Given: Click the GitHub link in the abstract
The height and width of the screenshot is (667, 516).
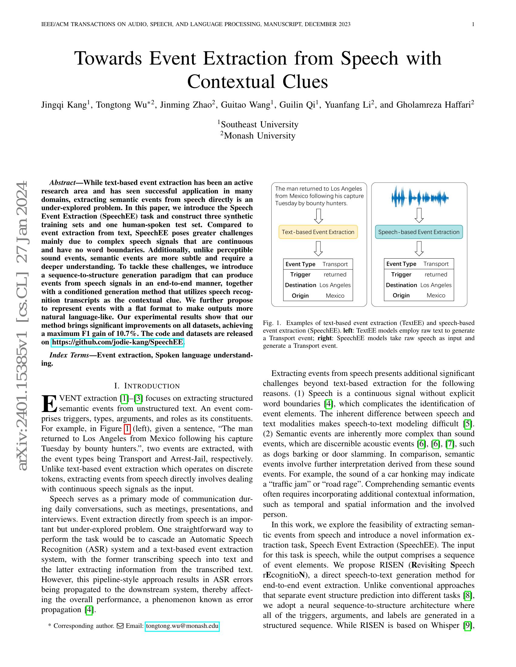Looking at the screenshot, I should (x=117, y=342).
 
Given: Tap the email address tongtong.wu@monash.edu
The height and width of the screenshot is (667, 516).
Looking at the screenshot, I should (x=182, y=626).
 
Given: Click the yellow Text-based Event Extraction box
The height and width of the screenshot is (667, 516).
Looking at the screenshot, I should (x=318, y=232).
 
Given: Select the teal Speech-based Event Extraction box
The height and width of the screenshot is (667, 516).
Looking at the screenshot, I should (x=419, y=232).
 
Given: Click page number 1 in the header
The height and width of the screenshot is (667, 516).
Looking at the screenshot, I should (x=473, y=24).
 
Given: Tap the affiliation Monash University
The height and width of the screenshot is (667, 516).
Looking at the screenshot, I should (x=259, y=136).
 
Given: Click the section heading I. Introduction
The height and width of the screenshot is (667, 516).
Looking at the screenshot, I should (x=147, y=386).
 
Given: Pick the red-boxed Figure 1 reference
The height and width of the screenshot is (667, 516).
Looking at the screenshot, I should (x=127, y=429).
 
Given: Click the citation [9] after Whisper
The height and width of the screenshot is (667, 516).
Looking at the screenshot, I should (x=467, y=625).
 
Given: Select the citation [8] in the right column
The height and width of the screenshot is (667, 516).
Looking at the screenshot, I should (x=467, y=595).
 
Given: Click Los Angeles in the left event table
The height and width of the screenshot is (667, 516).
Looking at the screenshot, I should (x=335, y=285).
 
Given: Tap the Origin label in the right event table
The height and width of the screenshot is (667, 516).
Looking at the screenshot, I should (x=401, y=295).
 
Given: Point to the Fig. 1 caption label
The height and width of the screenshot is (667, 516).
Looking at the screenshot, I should (x=272, y=323).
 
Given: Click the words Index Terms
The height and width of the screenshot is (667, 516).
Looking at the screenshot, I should (x=69, y=355).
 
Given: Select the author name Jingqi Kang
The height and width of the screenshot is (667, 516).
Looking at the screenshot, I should (x=64, y=105).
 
